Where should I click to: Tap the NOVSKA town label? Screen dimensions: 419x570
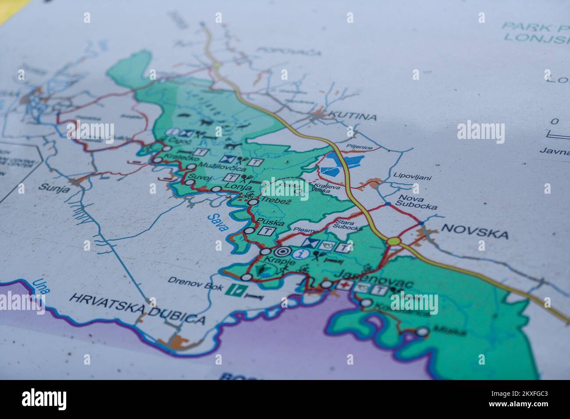click(x=475, y=231)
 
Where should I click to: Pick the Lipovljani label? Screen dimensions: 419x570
click(x=412, y=177)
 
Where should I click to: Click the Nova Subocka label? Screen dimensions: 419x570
click(x=416, y=202)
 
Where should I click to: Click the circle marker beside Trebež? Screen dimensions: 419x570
click(x=253, y=202)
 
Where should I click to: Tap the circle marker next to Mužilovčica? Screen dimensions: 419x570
click(x=191, y=167)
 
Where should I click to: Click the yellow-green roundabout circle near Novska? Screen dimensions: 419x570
click(x=393, y=241)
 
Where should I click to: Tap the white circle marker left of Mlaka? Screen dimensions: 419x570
click(x=422, y=332)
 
